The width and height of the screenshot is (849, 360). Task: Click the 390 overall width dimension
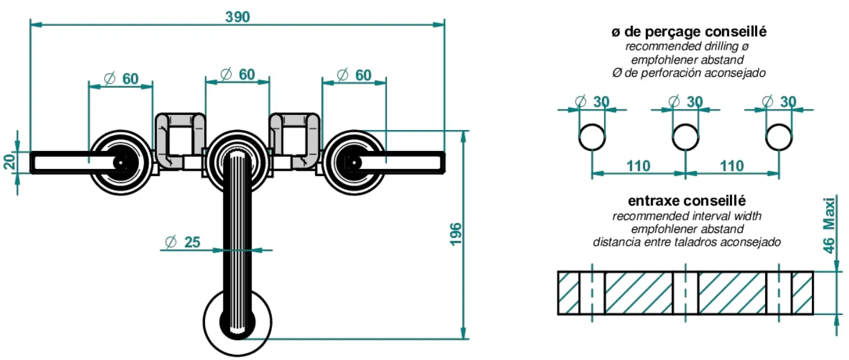[x=238, y=17]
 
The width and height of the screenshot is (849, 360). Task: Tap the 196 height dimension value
[x=456, y=234]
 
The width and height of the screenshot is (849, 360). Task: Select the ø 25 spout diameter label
[x=183, y=242]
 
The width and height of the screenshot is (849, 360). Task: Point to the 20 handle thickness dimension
[x=10, y=161]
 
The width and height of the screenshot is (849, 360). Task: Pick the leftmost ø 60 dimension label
[x=121, y=79]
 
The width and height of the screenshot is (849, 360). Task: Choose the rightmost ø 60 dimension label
[x=354, y=75]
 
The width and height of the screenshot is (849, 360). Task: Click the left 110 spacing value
[x=638, y=166]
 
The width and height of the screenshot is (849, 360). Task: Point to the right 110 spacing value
[x=732, y=166]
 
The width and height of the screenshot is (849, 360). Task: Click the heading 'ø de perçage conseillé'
[x=688, y=32]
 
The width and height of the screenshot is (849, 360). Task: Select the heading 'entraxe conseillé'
[x=687, y=201]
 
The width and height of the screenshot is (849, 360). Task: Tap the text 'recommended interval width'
[x=687, y=216]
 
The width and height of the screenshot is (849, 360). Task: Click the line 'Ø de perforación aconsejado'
[x=688, y=72]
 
